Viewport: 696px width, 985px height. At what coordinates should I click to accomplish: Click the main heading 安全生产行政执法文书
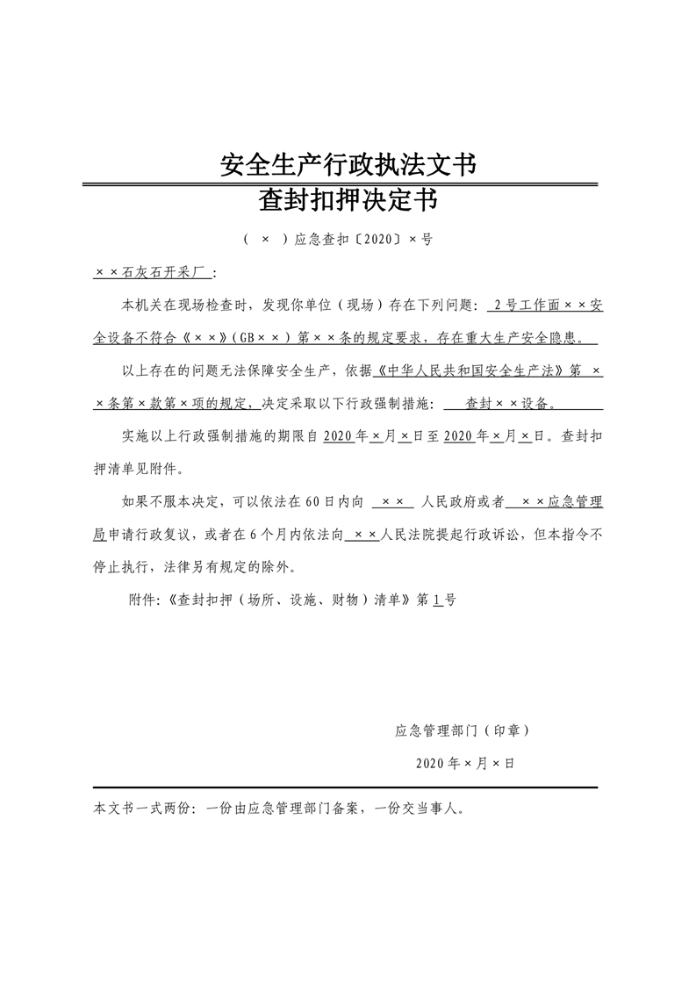pyautogui.click(x=348, y=164)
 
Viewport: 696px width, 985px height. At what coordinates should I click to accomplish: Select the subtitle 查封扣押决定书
pyautogui.click(x=348, y=203)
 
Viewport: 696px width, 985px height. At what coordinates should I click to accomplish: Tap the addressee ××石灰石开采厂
pyautogui.click(x=148, y=273)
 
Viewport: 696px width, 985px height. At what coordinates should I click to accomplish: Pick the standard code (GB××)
pyautogui.click(x=260, y=338)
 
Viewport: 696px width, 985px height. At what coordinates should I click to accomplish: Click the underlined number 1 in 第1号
pyautogui.click(x=436, y=600)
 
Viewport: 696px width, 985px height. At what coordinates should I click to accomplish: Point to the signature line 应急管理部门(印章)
pyautogui.click(x=462, y=730)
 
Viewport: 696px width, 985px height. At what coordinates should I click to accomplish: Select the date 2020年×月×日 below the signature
pyautogui.click(x=465, y=763)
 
